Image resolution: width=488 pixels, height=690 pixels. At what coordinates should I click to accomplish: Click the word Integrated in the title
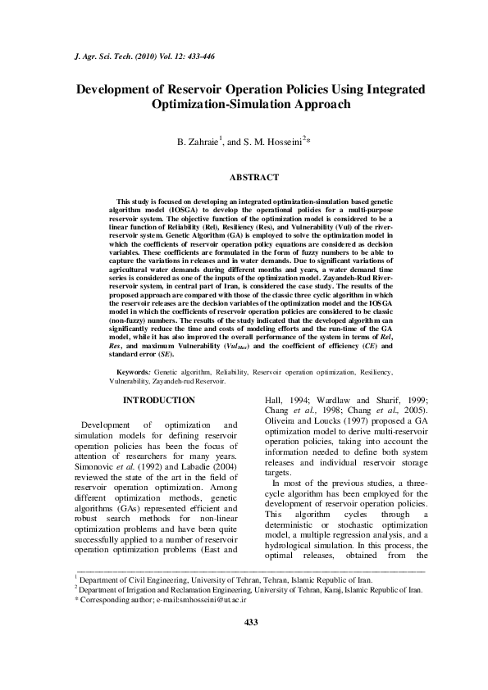[x=386, y=89]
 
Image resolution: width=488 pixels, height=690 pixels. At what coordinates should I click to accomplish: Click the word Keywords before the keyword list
[x=135, y=372]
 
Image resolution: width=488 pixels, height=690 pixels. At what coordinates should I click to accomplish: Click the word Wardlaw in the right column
[x=343, y=401]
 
